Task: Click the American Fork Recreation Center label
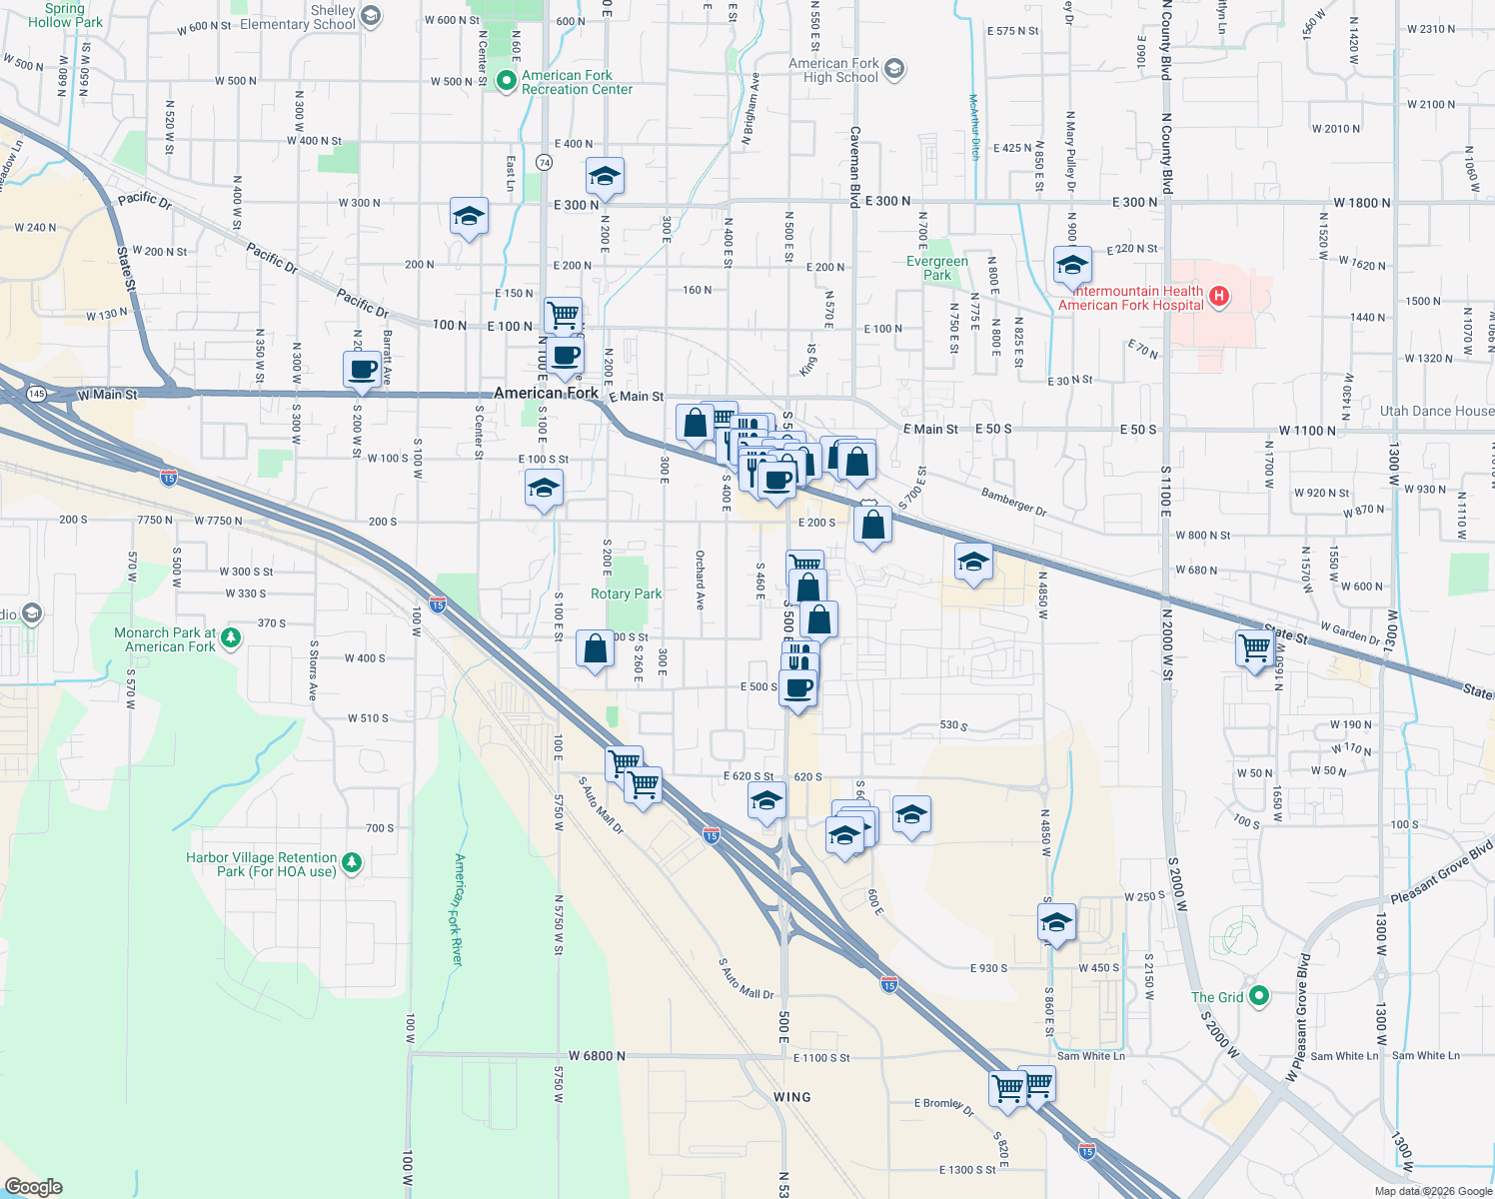tap(577, 82)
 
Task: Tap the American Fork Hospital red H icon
tap(1218, 296)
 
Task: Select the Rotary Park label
tap(626, 594)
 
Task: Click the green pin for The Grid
tap(1259, 996)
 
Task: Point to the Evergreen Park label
tap(937, 268)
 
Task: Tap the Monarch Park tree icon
tap(231, 637)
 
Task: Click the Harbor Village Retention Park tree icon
tap(351, 863)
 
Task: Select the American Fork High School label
tap(833, 70)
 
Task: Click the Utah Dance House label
tap(1436, 411)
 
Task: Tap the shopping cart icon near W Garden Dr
tap(1254, 647)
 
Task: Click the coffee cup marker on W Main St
tap(363, 369)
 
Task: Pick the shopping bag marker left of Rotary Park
tap(595, 649)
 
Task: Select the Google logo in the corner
tap(34, 1187)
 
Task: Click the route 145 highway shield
tap(36, 394)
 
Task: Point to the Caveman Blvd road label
tap(854, 166)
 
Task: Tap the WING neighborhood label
tap(791, 1096)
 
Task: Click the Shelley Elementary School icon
tap(371, 16)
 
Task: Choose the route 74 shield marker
tap(544, 162)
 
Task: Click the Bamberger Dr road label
tap(1013, 502)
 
